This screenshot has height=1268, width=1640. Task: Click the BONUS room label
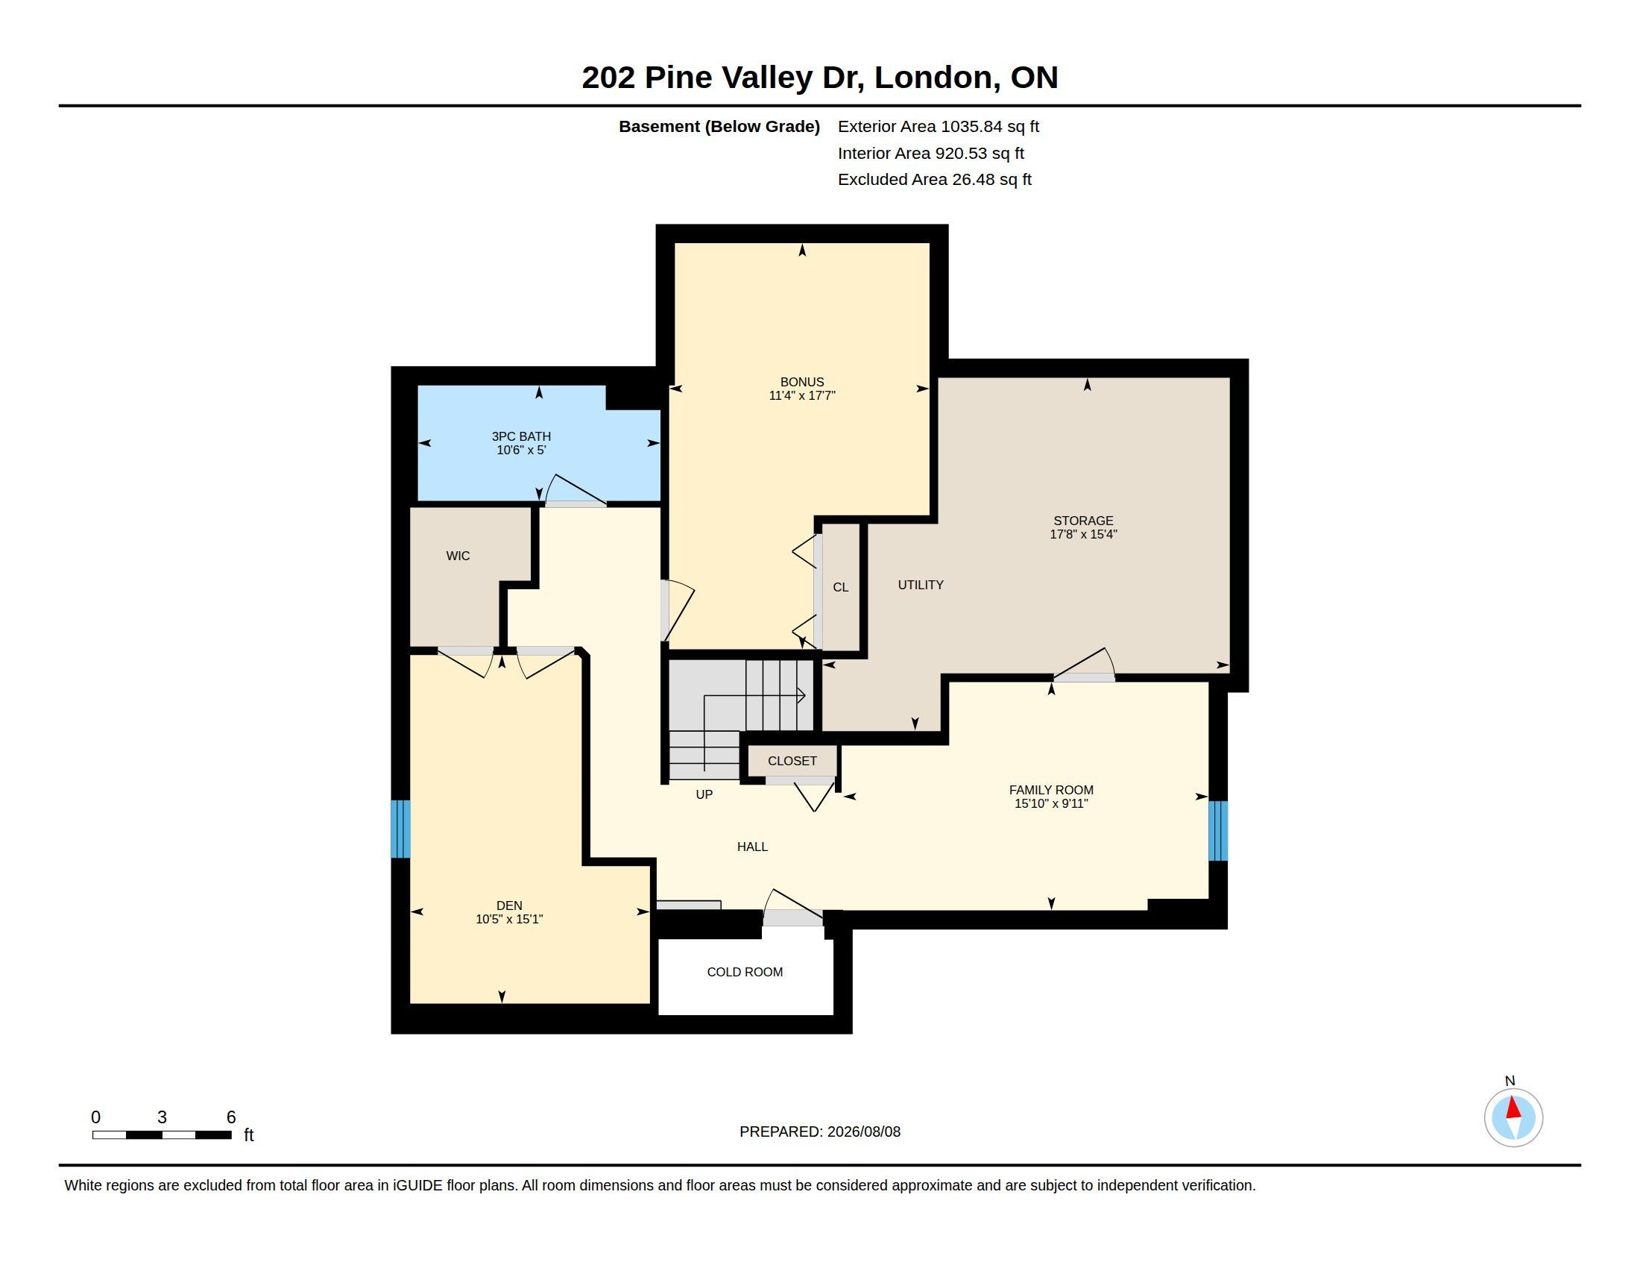(x=802, y=382)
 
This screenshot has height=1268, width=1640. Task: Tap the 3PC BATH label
(x=521, y=436)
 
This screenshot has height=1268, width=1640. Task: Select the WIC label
(x=458, y=556)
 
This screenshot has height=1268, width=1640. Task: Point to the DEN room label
(x=509, y=906)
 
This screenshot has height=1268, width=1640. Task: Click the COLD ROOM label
(x=745, y=972)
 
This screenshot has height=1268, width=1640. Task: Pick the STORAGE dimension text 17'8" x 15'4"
(x=1084, y=534)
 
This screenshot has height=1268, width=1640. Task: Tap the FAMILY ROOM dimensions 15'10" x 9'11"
(x=1051, y=804)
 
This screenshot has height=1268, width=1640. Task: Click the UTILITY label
(x=921, y=586)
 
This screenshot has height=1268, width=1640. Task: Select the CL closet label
(x=841, y=588)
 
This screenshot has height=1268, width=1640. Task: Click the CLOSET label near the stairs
(x=792, y=761)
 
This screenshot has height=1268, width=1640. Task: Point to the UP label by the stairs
(x=704, y=795)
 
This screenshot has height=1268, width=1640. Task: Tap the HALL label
(x=752, y=847)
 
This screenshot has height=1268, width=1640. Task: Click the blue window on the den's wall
(x=401, y=829)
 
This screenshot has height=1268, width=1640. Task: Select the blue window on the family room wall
(x=1218, y=831)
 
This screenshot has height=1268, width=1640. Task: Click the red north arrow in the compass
(x=1514, y=1108)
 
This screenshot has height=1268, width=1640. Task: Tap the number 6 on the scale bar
(x=231, y=1117)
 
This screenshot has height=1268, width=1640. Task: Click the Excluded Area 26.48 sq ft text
(x=935, y=180)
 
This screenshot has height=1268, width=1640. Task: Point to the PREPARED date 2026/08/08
(x=863, y=1132)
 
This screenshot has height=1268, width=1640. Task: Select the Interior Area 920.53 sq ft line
(x=931, y=153)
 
